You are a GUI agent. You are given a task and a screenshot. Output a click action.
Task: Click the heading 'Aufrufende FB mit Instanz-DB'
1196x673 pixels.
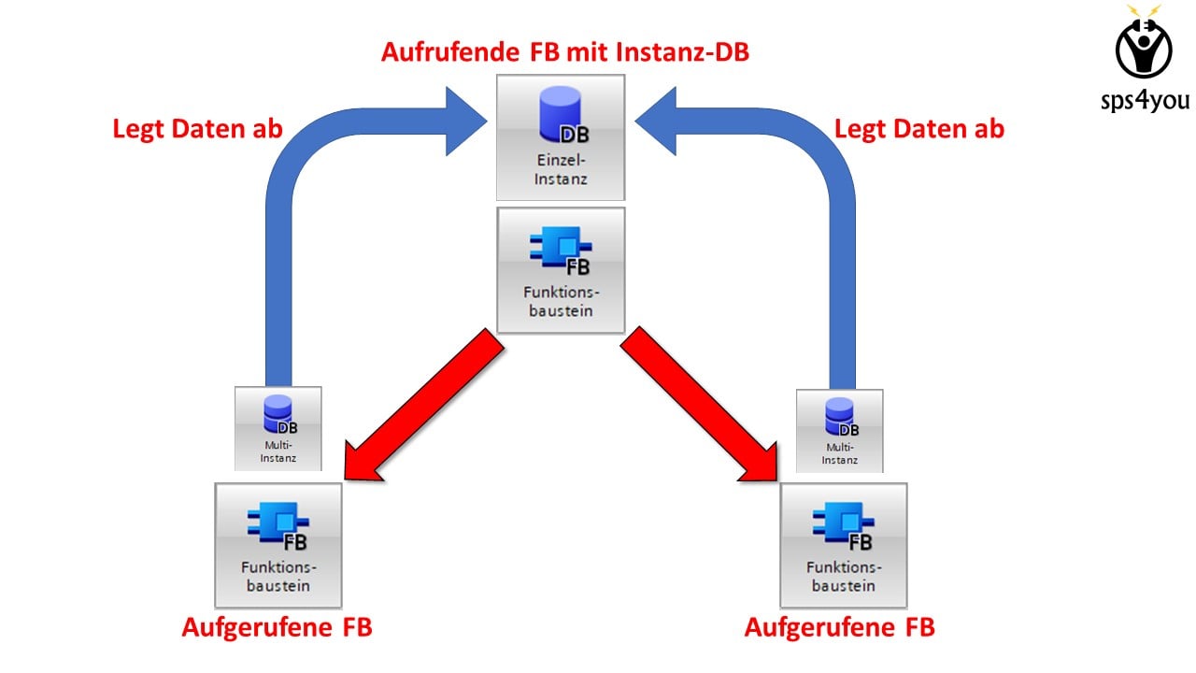tap(564, 51)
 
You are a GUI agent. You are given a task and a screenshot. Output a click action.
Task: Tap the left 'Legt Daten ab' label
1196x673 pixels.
tap(198, 129)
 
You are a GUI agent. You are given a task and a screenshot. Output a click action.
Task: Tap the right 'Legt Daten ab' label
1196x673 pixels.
tap(918, 129)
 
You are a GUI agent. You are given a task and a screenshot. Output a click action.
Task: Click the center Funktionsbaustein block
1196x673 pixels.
tap(561, 270)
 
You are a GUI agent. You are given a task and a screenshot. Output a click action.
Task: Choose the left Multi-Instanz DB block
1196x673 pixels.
tap(278, 428)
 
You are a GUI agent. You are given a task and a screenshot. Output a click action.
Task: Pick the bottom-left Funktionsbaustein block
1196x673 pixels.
tap(278, 545)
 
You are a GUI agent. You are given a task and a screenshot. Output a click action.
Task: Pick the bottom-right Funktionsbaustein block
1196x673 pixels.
tap(843, 545)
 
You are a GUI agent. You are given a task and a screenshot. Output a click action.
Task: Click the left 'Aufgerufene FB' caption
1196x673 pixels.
tap(277, 627)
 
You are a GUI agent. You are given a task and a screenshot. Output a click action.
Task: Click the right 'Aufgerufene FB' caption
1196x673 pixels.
tap(839, 627)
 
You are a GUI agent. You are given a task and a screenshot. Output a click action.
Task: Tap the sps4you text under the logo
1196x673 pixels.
tap(1144, 99)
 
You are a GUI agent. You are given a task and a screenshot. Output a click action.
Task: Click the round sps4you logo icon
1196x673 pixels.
tap(1144, 47)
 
